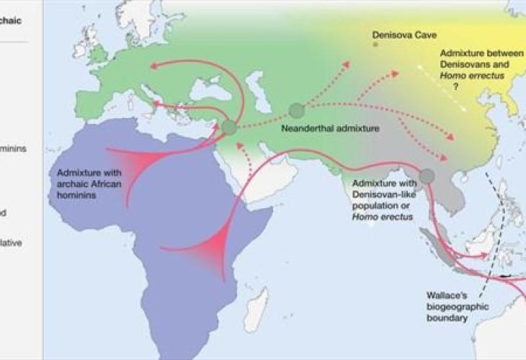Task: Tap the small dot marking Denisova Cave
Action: pyautogui.click(x=375, y=45)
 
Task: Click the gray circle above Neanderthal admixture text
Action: pyautogui.click(x=296, y=111)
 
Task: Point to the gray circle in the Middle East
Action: pyautogui.click(x=230, y=128)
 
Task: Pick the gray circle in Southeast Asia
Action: pyautogui.click(x=427, y=176)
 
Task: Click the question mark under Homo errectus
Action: pyautogui.click(x=456, y=86)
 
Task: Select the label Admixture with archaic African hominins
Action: pyautogui.click(x=89, y=184)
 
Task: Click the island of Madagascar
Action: pyautogui.click(x=256, y=310)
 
